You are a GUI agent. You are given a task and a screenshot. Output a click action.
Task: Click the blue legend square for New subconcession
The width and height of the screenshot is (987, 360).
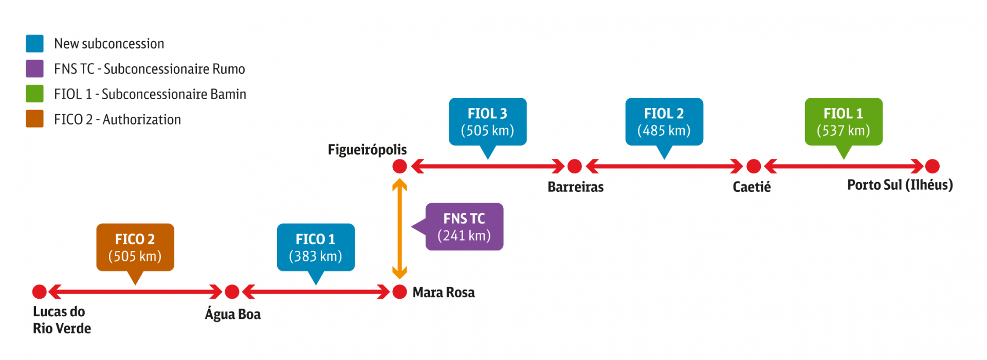tap(34, 44)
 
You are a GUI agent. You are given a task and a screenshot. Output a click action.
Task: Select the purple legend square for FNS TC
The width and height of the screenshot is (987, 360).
tap(34, 69)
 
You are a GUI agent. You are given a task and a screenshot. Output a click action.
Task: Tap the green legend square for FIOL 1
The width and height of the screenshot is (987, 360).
tap(34, 94)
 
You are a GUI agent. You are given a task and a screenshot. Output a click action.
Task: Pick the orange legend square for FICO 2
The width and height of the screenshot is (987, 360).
tap(34, 119)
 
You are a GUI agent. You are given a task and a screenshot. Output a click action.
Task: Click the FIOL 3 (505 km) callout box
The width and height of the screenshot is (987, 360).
tap(487, 122)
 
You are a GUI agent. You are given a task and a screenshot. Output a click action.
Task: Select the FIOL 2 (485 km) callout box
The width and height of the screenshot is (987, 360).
tap(664, 122)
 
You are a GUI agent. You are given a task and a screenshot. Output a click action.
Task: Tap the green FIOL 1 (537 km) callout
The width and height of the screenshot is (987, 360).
tap(843, 122)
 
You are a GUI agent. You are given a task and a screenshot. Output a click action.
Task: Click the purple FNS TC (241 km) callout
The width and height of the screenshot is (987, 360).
tap(464, 227)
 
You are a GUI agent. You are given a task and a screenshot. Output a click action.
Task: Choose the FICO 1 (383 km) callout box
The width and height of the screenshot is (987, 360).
tap(316, 247)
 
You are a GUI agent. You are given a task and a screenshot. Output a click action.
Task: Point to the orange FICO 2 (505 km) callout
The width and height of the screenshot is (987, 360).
tap(135, 247)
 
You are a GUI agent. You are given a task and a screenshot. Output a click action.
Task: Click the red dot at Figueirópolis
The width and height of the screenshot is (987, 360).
tap(399, 166)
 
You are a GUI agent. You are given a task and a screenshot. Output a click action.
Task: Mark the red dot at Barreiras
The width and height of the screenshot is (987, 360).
tap(574, 166)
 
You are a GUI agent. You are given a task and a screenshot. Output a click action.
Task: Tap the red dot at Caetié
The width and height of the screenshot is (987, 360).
tap(753, 166)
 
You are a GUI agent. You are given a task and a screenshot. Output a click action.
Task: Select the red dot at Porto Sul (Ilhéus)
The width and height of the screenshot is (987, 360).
tap(932, 166)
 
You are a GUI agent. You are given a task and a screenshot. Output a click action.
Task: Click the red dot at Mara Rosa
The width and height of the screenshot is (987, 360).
tap(399, 292)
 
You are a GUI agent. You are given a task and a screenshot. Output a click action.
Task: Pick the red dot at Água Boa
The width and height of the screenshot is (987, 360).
tap(232, 292)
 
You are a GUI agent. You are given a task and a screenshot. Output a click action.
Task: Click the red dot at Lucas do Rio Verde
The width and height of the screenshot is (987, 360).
tap(40, 292)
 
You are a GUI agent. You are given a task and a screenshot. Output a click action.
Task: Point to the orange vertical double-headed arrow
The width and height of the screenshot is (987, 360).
tap(399, 229)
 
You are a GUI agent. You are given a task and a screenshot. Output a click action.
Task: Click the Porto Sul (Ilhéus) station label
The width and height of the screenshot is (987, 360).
tap(900, 185)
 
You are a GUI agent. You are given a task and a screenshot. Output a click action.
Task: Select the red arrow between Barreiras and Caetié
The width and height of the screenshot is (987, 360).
tap(664, 166)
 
